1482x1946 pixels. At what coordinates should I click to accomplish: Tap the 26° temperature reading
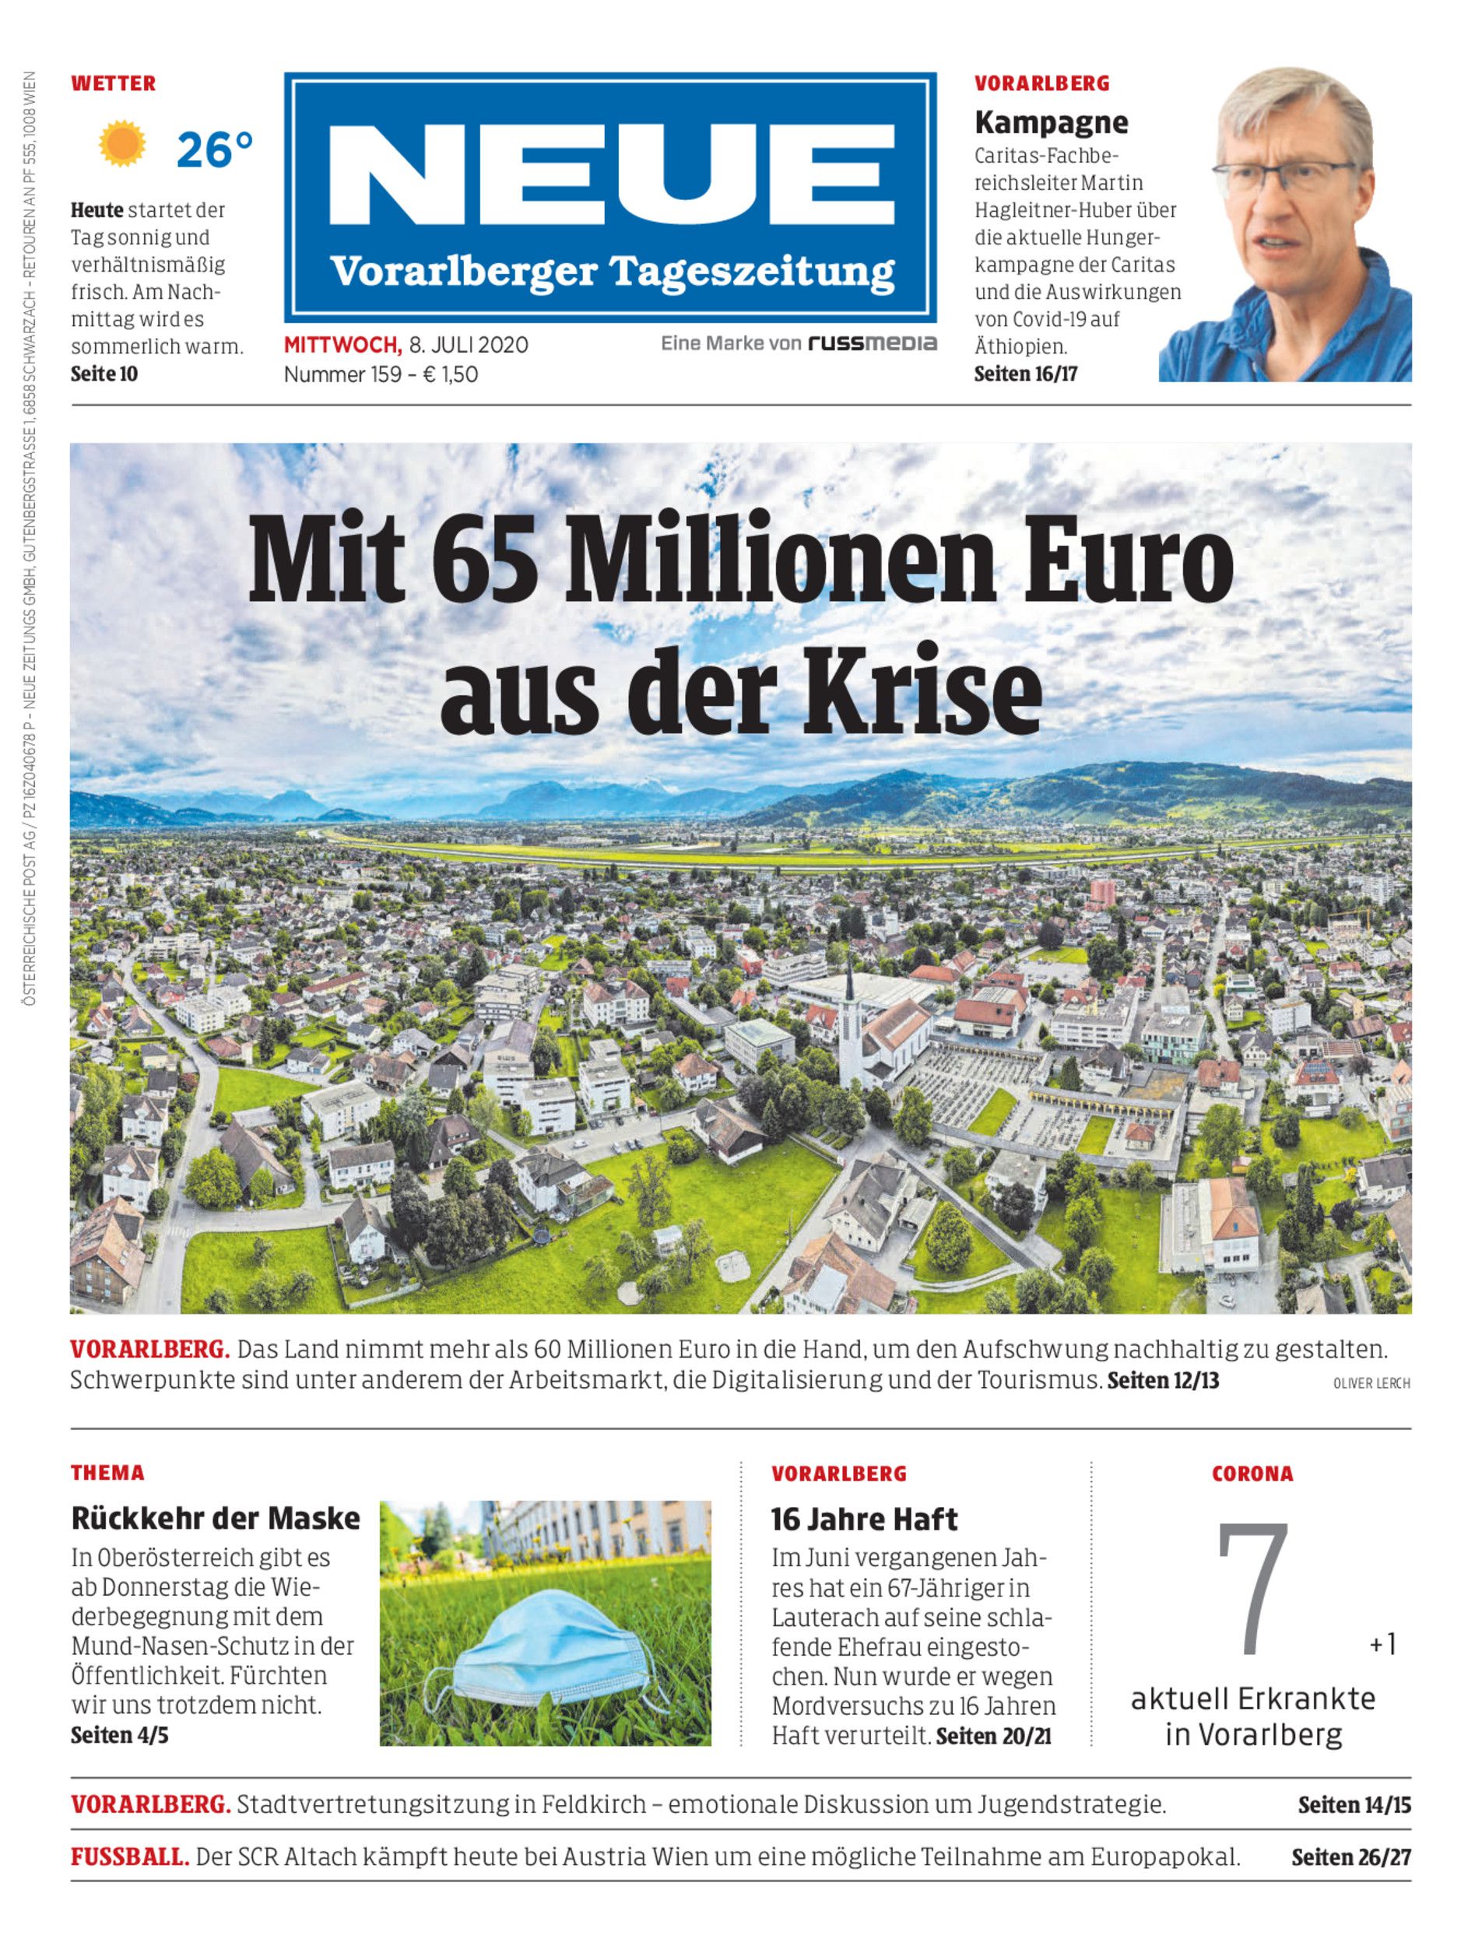click(x=214, y=150)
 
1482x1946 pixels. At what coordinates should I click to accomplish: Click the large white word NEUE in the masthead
click(x=610, y=174)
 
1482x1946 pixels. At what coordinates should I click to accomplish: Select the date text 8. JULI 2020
click(x=469, y=345)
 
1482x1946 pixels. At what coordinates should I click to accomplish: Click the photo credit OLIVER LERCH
click(x=1371, y=1383)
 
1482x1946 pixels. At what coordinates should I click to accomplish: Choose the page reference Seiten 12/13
click(x=1163, y=1381)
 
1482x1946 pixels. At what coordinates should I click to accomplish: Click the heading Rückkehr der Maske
click(x=216, y=1518)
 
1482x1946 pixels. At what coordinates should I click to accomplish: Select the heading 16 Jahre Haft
click(x=864, y=1519)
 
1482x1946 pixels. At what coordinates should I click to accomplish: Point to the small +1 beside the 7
click(x=1382, y=1644)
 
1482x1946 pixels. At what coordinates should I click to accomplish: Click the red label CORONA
click(x=1252, y=1474)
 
